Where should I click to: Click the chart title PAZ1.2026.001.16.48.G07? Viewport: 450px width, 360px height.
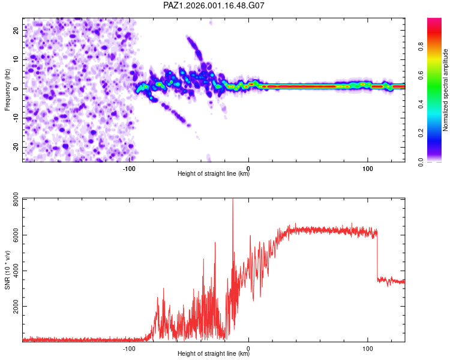coord(214,5)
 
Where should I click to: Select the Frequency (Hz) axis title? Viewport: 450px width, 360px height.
coord(7,89)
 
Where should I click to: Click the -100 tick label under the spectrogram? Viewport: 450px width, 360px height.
coord(130,168)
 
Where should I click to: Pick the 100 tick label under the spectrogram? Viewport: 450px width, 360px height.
coord(368,168)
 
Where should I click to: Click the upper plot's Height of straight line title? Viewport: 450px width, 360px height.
coord(214,174)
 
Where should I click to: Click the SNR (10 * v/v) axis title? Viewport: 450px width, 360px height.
coord(7,269)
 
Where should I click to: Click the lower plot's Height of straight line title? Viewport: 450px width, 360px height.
coord(214,354)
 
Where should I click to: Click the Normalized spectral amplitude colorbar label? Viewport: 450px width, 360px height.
coord(446,89)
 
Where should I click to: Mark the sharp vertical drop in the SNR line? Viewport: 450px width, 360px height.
coord(377,255)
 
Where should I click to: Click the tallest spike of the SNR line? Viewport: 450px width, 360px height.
coord(233,202)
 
